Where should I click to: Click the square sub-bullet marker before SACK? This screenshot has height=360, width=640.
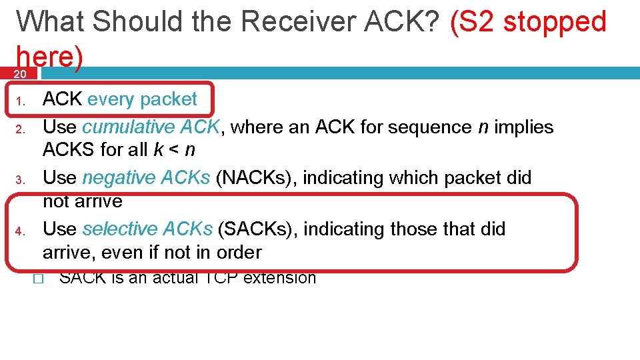(x=37, y=279)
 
